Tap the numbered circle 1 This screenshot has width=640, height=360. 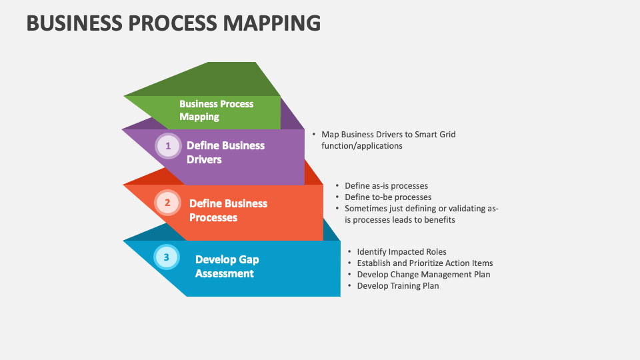(168, 145)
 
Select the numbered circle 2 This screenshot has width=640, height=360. (167, 203)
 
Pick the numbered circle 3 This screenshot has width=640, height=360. (167, 257)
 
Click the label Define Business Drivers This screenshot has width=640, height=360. (225, 153)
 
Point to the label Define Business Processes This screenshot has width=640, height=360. (228, 210)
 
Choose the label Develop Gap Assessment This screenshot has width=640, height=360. (227, 266)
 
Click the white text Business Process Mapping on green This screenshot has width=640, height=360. (216, 110)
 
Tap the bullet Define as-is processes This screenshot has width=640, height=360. (386, 185)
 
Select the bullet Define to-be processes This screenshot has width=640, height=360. (388, 197)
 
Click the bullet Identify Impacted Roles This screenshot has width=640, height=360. (401, 252)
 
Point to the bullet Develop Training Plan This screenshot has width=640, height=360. (398, 286)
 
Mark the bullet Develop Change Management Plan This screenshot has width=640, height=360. (424, 275)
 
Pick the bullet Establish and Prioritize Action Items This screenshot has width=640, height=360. (425, 263)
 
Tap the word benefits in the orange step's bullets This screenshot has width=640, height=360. (439, 220)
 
